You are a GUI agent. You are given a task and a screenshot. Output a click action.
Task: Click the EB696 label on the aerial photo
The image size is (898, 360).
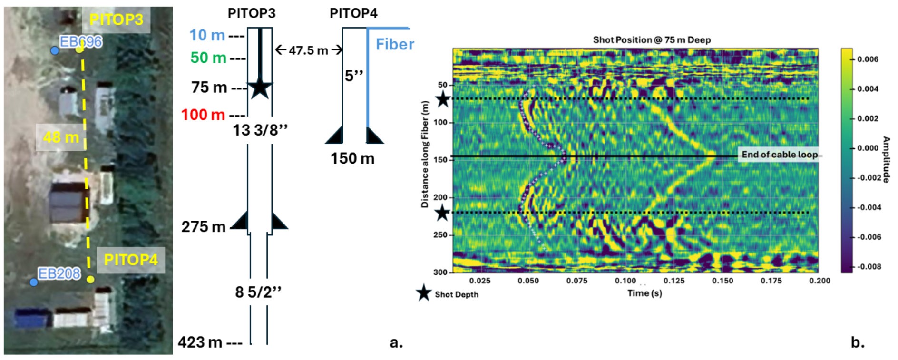tap(81, 42)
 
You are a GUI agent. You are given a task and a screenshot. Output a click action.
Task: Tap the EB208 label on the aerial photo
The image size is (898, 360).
tap(59, 273)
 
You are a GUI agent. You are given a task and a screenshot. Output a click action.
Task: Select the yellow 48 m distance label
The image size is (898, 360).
tap(61, 137)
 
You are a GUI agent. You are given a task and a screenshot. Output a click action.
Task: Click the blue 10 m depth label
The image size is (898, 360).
tap(207, 35)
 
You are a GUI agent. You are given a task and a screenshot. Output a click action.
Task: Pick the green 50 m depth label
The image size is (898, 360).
tap(208, 58)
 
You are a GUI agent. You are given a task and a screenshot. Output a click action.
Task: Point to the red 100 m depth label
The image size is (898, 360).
tap(203, 115)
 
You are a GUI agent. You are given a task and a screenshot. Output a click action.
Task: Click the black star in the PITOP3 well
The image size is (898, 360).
tap(260, 88)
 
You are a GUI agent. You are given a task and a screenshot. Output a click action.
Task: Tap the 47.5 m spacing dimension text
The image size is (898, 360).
tap(308, 50)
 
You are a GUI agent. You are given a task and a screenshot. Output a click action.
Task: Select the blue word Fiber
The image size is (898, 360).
tap(395, 44)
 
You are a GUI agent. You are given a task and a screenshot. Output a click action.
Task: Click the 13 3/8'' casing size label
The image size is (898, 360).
tap(260, 130)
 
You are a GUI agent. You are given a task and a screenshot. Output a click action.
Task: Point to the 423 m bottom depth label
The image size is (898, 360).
tap(200, 342)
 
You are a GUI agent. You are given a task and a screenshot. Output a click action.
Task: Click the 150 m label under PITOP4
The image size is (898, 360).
tap(352, 158)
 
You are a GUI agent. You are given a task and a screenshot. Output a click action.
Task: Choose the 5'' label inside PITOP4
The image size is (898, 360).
tap(354, 75)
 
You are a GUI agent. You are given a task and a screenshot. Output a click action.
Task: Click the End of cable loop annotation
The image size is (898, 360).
tap(780, 155)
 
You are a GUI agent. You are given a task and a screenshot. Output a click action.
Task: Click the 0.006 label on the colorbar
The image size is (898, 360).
tap(868, 59)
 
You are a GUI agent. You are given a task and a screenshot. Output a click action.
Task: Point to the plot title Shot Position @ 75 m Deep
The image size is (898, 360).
tap(652, 40)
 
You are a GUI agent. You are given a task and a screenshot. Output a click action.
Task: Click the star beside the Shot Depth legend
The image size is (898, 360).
tap(423, 293)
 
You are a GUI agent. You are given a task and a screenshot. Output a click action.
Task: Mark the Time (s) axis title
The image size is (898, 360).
tap(644, 293)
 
